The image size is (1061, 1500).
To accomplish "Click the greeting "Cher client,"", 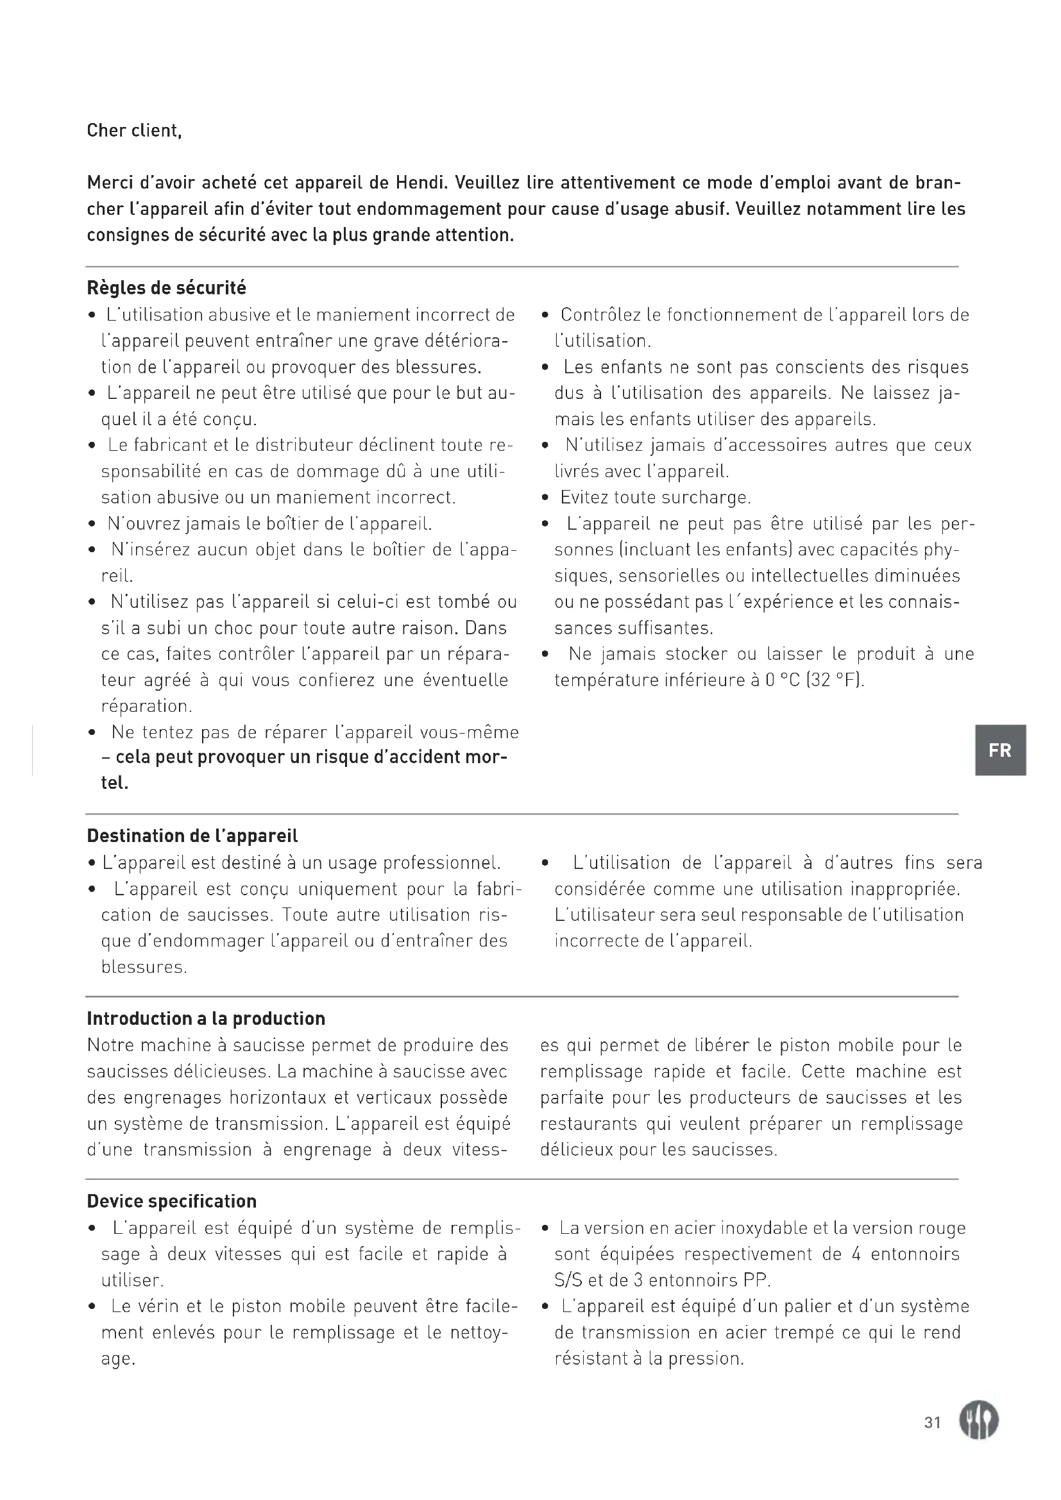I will coord(134,131).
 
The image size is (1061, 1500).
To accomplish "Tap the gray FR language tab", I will coord(999,750).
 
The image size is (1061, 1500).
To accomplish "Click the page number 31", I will coord(932,1422).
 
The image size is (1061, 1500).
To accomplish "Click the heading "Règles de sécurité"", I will coord(167,288).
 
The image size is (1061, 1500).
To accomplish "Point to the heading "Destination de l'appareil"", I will coord(192,836).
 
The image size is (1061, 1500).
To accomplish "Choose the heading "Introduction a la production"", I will coord(206,1018).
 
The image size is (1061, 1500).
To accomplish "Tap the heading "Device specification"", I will coord(172,1201).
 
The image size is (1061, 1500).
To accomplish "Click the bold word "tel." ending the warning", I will coord(114,782).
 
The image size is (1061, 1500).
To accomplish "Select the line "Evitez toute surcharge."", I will coord(656,498).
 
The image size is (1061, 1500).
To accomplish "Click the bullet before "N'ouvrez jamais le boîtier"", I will coord(92,525).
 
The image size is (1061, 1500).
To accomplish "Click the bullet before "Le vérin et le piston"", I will coord(92,1306).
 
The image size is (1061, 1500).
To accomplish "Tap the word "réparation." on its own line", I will coord(146,706).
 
